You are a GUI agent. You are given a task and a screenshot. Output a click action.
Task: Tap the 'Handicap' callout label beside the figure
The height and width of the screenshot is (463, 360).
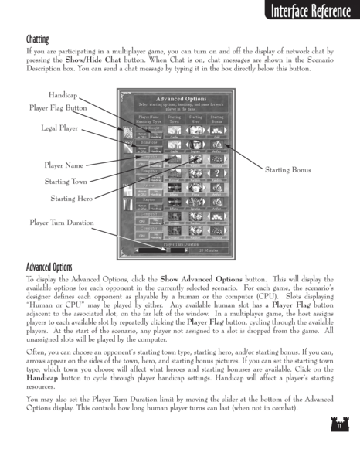tap(63, 94)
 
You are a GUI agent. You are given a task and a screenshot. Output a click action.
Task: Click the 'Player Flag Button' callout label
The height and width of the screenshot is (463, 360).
tap(58, 107)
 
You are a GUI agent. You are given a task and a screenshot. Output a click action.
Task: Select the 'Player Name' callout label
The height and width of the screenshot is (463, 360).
tap(63, 165)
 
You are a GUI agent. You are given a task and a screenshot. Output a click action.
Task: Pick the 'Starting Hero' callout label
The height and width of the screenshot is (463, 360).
tap(71, 199)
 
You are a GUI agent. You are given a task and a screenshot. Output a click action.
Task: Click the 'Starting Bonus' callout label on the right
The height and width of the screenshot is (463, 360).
tap(287, 169)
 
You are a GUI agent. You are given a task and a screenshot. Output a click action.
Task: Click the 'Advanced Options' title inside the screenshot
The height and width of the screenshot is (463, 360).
tap(180, 99)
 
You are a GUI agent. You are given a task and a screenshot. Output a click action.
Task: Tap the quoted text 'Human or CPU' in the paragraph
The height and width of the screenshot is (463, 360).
tap(51, 298)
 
